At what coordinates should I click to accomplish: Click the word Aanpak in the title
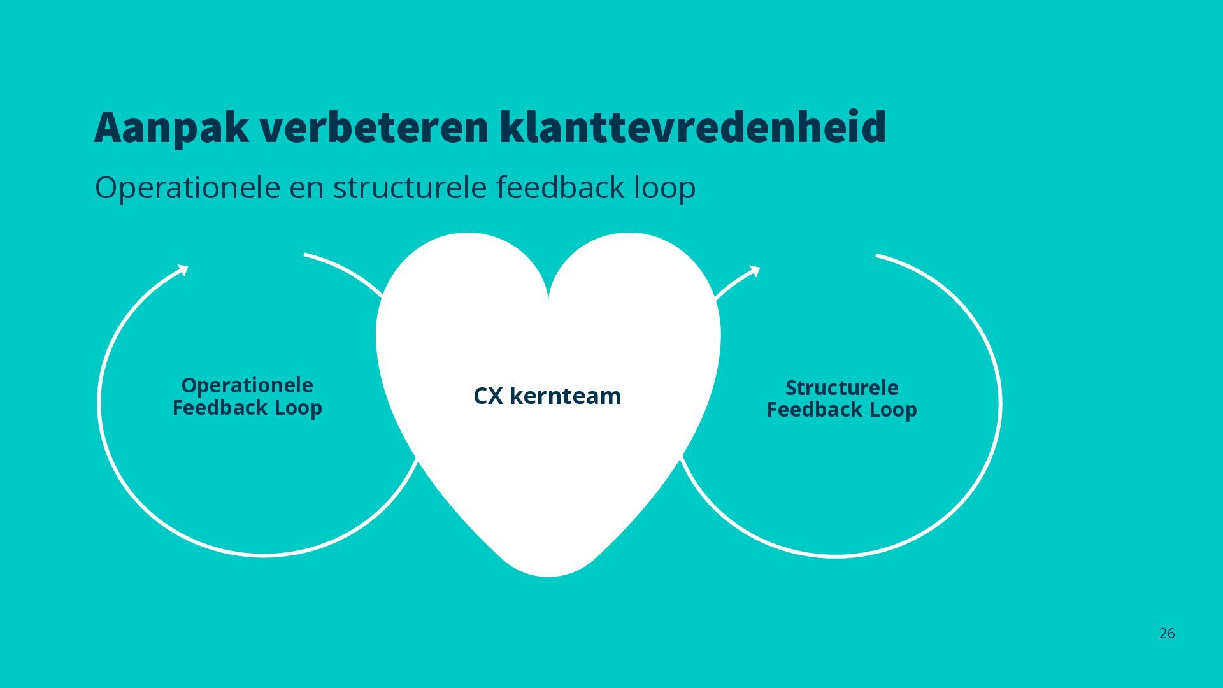click(171, 128)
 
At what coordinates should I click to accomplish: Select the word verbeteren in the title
click(375, 128)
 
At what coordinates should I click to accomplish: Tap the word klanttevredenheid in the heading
click(692, 128)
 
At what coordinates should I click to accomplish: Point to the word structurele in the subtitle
click(410, 188)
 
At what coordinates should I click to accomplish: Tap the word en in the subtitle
click(306, 188)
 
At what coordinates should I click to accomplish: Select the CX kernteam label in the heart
click(547, 396)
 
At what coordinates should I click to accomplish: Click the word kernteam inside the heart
click(565, 396)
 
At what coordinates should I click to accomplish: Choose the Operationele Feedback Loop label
click(247, 396)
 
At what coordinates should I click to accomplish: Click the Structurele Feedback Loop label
click(841, 398)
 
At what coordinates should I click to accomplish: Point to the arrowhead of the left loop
click(183, 270)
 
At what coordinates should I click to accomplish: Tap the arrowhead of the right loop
click(755, 271)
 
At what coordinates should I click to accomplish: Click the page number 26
click(1167, 633)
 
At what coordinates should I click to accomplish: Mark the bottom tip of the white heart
click(548, 575)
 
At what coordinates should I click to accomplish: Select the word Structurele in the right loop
click(841, 387)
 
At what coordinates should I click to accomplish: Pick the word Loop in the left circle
click(298, 408)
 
